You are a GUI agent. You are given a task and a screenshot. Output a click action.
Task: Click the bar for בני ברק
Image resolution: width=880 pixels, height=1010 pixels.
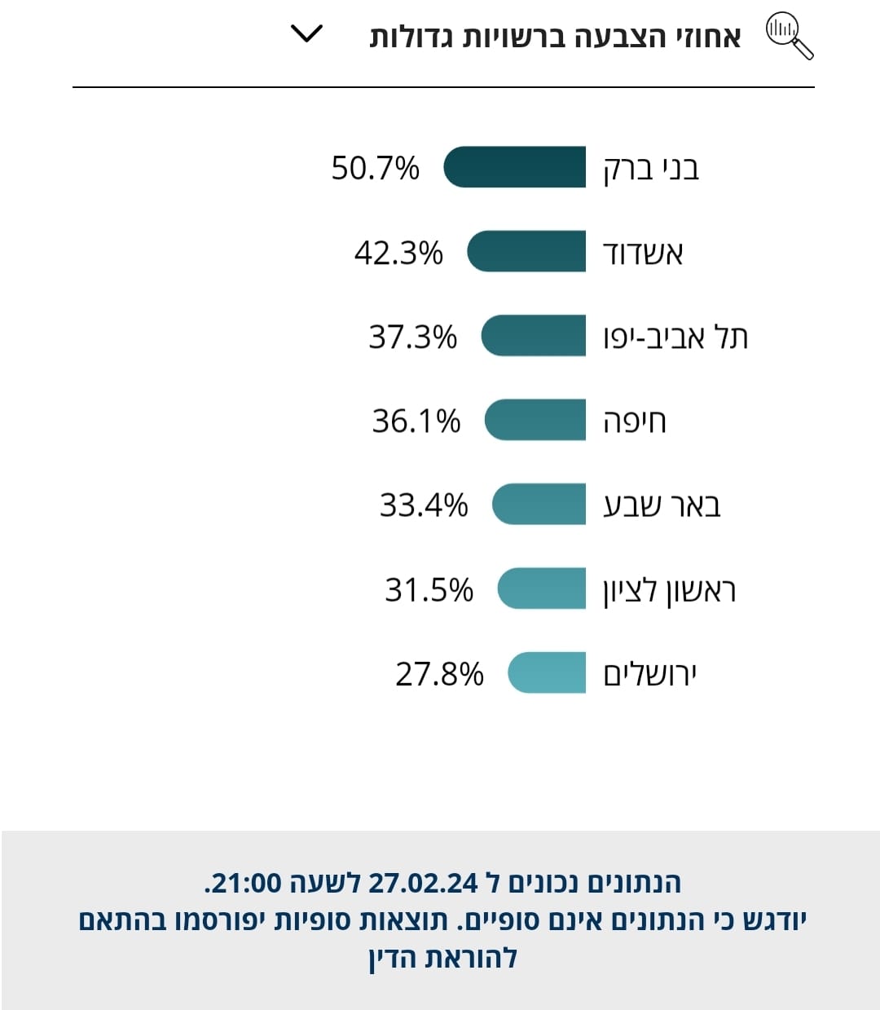click(515, 167)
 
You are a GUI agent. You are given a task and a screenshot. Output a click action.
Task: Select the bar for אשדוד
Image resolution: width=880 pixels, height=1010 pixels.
click(526, 251)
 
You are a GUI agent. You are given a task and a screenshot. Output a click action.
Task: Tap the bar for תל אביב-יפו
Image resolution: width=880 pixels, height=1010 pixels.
click(534, 336)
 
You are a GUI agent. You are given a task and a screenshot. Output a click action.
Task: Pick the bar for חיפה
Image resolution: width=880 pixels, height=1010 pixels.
click(535, 420)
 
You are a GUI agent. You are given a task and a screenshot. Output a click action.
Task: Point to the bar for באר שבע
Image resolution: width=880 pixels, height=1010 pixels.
click(539, 504)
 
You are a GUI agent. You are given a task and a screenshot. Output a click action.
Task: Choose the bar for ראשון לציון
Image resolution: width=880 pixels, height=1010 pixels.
click(542, 589)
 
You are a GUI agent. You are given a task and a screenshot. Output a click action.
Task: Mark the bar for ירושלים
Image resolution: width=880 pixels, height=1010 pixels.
click(547, 673)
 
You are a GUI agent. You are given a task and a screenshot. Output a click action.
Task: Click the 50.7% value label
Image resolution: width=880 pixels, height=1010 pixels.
click(375, 168)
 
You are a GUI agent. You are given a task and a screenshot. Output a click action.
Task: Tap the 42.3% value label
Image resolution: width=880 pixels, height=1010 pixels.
click(398, 253)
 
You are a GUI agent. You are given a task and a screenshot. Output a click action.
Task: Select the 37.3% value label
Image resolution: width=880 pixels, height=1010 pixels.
click(412, 337)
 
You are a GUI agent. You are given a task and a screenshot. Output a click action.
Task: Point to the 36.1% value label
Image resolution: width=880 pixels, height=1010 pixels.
click(416, 421)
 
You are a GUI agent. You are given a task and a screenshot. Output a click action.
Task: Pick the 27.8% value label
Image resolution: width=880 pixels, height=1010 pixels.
click(439, 674)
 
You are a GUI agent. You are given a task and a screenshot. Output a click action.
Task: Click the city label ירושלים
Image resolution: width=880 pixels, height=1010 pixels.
click(650, 674)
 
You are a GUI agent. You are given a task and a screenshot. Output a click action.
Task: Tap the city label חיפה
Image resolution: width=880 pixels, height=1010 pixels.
click(635, 421)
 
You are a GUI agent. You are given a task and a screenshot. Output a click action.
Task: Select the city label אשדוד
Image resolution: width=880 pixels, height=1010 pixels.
click(643, 253)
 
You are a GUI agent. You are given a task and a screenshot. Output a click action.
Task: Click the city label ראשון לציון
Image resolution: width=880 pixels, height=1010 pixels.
click(670, 590)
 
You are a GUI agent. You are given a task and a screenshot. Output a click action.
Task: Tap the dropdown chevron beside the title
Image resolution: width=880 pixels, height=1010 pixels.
click(307, 34)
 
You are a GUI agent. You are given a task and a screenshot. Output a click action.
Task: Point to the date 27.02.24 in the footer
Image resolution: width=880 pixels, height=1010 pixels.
click(423, 883)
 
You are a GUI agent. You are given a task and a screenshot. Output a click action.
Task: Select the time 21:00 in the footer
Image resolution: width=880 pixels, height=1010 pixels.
click(243, 883)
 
